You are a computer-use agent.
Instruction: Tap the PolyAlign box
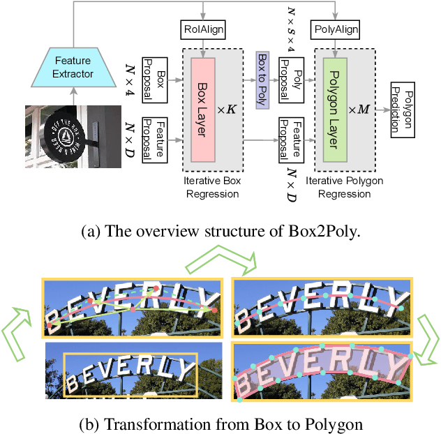pos(336,31)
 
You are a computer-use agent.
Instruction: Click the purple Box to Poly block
pos(263,80)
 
